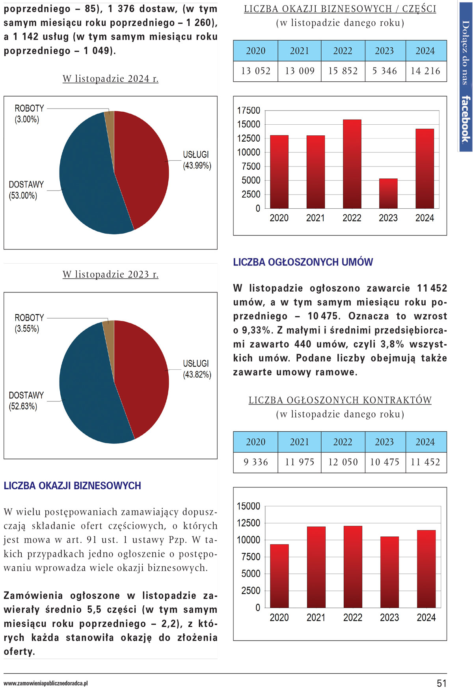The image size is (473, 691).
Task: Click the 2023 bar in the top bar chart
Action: [x=388, y=193]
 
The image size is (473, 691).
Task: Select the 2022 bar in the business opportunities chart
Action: [x=352, y=164]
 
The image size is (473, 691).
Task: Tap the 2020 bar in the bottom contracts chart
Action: [x=279, y=576]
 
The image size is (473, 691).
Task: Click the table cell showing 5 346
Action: [x=385, y=71]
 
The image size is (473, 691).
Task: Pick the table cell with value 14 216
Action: [x=425, y=71]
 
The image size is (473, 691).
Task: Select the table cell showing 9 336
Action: [x=255, y=462]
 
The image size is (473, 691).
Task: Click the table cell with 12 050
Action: [x=343, y=462]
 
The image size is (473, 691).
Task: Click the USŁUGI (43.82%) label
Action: [x=197, y=369]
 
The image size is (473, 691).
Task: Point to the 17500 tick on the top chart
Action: [x=249, y=110]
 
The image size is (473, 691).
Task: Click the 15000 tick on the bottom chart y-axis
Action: [x=248, y=506]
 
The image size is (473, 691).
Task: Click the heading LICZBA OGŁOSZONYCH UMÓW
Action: [x=303, y=262]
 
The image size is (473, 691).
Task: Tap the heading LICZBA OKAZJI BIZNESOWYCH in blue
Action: [x=72, y=485]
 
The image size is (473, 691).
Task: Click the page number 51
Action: [x=441, y=683]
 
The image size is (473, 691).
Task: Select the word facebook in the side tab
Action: [x=466, y=119]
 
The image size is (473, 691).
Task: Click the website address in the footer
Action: [x=46, y=683]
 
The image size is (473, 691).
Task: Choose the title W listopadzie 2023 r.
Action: [x=110, y=274]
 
